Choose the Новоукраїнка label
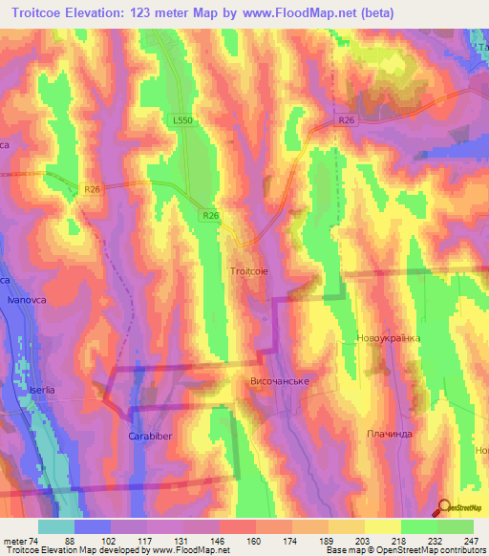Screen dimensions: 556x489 388,339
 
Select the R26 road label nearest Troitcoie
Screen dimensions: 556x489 211,217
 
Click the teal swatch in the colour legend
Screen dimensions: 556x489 55,526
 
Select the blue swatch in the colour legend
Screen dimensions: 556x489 92,526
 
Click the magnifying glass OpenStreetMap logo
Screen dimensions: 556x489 445,510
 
